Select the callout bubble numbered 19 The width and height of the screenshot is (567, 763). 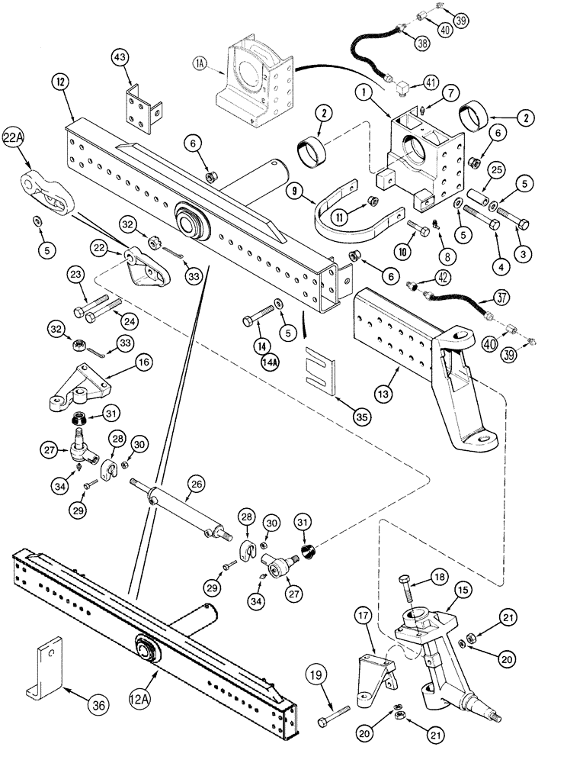319,674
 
